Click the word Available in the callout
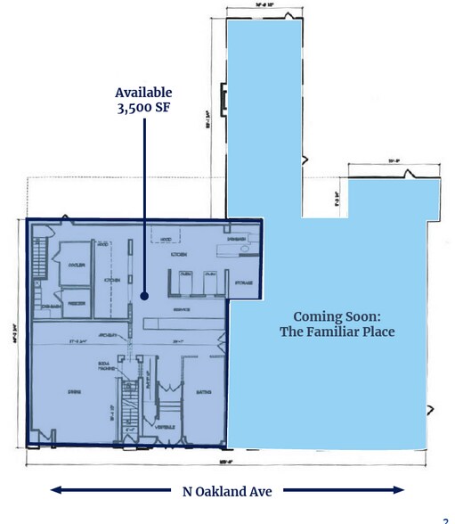click(x=142, y=94)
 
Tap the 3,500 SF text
click(x=142, y=110)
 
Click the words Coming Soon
click(x=337, y=316)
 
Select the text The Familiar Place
click(x=337, y=333)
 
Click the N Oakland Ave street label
click(x=227, y=489)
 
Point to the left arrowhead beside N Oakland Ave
click(x=55, y=489)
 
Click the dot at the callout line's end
click(x=142, y=291)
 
